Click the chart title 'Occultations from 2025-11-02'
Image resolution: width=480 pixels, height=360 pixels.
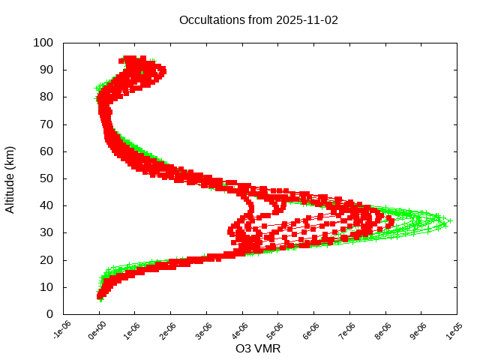point(259,20)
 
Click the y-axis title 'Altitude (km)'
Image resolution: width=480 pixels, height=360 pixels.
point(10,178)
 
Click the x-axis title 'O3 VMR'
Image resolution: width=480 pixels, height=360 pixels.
point(259,349)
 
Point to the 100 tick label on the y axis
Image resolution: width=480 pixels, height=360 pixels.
point(43,43)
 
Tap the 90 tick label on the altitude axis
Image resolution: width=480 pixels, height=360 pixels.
point(46,70)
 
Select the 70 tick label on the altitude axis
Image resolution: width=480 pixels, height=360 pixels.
point(46,124)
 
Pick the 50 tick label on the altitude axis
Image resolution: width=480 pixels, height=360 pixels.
point(46,178)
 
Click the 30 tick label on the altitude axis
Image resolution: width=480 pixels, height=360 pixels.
point(46,232)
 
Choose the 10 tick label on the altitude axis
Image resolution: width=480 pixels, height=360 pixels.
point(46,287)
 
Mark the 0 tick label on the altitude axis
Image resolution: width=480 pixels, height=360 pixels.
point(49,314)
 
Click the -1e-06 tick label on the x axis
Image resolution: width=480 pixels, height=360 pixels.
point(61,331)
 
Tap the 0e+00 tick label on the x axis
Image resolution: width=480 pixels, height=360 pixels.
point(97,331)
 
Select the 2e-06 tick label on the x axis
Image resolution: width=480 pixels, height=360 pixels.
point(169,331)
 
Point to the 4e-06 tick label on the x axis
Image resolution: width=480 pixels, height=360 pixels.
point(241,331)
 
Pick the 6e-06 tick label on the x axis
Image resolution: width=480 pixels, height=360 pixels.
point(313,331)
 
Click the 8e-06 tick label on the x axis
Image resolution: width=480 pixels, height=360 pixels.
point(384,331)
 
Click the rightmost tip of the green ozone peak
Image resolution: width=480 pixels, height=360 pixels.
point(450,221)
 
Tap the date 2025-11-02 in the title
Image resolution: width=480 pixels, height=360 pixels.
point(307,20)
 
